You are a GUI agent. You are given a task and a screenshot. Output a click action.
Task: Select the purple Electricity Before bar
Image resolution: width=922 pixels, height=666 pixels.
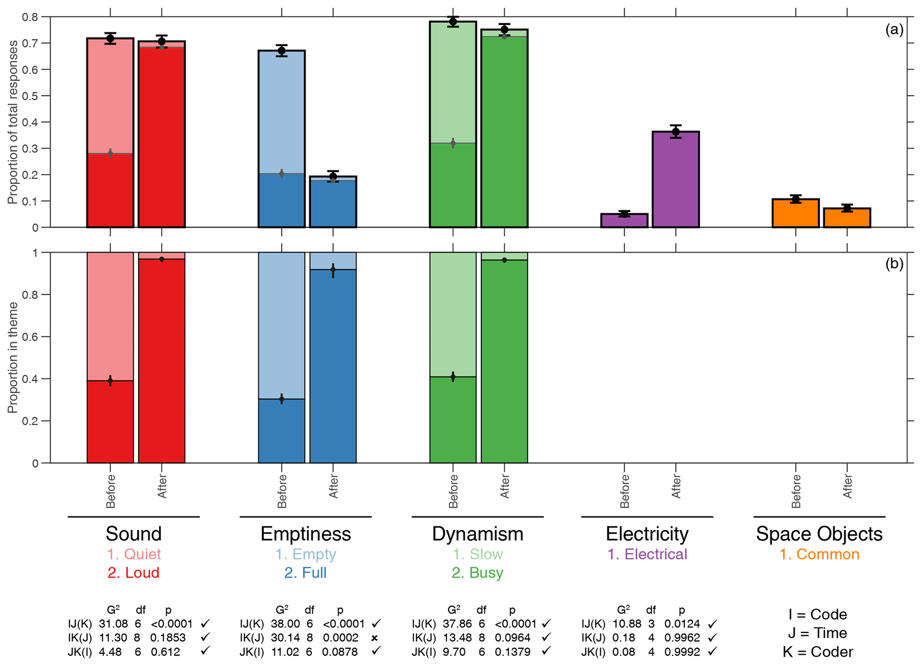pos(624,221)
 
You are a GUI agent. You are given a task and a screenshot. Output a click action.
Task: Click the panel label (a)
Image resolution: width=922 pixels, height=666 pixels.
pos(894,30)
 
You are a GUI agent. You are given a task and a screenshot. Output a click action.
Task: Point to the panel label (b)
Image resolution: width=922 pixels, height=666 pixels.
pos(894,264)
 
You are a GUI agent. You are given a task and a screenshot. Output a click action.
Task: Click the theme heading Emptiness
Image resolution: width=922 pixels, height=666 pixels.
pos(306,534)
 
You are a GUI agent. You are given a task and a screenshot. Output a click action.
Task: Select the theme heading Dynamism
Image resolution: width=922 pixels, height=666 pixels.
pos(477,534)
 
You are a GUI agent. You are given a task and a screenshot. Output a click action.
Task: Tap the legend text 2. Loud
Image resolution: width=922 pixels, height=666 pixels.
pos(133,573)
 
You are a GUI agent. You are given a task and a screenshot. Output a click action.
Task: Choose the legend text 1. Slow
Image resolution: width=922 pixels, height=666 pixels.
pos(477,554)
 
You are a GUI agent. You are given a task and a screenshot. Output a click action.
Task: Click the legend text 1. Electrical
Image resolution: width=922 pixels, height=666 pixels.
pos(647,554)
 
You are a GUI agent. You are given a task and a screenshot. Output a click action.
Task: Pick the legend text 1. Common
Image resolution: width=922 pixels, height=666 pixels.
pos(819,554)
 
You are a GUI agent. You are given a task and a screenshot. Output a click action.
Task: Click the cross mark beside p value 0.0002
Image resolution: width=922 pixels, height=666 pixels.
pos(375,638)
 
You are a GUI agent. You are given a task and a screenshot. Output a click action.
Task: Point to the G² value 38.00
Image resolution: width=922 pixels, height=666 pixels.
pos(285,624)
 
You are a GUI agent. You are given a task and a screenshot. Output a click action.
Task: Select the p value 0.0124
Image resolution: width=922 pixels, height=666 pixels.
pos(682,624)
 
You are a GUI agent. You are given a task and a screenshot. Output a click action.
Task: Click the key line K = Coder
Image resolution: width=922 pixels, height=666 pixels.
pos(817,652)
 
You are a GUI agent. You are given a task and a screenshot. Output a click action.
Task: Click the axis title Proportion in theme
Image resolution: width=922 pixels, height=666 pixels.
pos(12,357)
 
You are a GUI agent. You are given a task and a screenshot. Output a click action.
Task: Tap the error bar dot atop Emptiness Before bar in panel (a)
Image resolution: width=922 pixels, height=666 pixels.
pos(281,51)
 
